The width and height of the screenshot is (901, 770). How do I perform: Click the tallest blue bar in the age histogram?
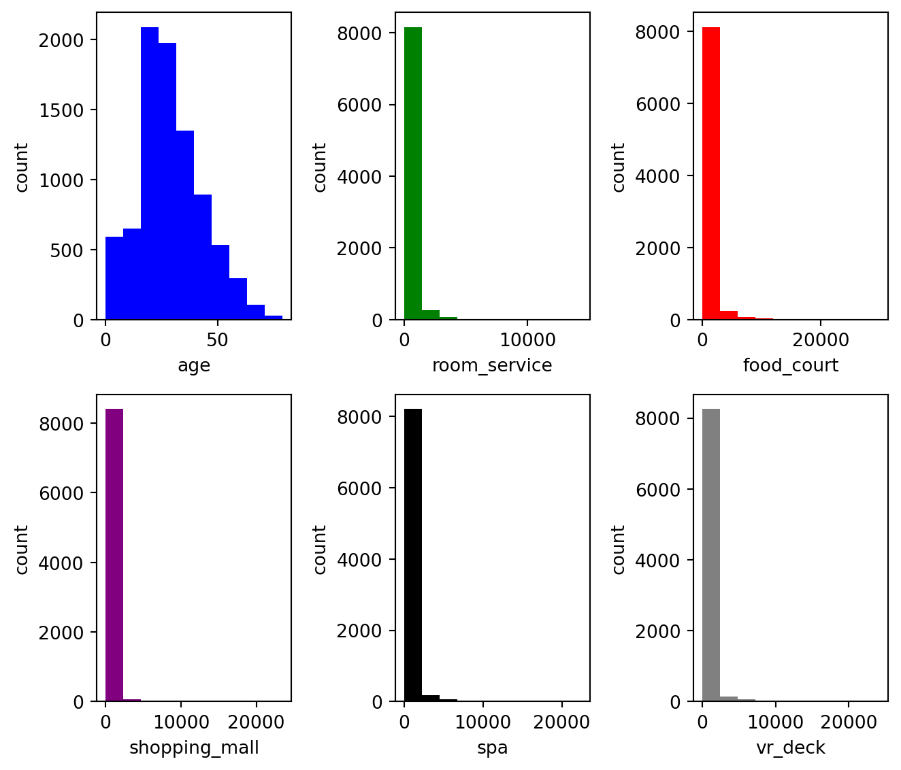[150, 173]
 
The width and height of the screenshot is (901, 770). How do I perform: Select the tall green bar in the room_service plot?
[413, 173]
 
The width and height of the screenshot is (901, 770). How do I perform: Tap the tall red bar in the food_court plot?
[711, 173]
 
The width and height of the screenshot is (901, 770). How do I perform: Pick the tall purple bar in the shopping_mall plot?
[114, 554]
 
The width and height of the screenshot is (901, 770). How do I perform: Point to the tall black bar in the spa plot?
[413, 554]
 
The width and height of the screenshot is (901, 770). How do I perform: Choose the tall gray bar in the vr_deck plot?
[711, 554]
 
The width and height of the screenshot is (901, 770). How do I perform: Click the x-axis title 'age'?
[194, 366]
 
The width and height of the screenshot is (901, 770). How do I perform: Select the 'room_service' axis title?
[492, 366]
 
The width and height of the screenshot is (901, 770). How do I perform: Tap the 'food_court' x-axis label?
[791, 366]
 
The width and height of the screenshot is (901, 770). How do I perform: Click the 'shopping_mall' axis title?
[194, 748]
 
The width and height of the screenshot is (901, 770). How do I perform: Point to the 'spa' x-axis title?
[492, 748]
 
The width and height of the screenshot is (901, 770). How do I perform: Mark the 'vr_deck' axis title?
[791, 748]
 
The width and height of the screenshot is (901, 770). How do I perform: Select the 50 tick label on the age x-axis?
[217, 339]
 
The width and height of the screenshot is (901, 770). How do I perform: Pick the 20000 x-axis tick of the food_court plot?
[821, 339]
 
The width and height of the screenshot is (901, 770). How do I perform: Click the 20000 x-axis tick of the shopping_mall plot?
[256, 722]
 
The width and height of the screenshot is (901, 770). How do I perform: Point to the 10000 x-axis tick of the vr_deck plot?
[775, 722]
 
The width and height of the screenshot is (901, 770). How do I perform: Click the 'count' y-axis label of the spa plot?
[320, 549]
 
